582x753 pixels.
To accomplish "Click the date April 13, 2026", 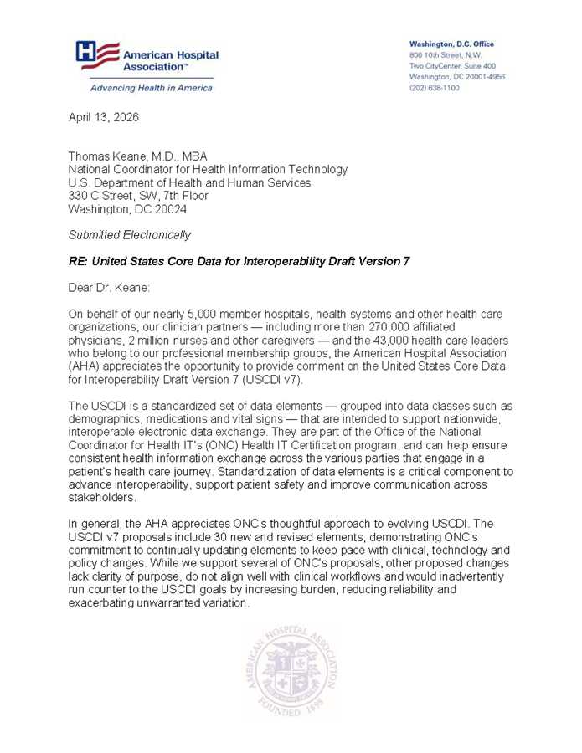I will tap(104, 117).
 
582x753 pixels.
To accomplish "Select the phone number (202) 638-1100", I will tap(434, 88).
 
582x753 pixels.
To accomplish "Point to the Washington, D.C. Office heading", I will tap(451, 44).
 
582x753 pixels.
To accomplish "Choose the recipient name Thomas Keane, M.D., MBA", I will tap(138, 156).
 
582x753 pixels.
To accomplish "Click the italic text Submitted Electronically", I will tap(129, 235).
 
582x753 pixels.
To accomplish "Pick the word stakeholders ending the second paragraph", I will tap(103, 499).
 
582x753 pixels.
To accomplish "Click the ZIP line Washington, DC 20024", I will tap(127, 209).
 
